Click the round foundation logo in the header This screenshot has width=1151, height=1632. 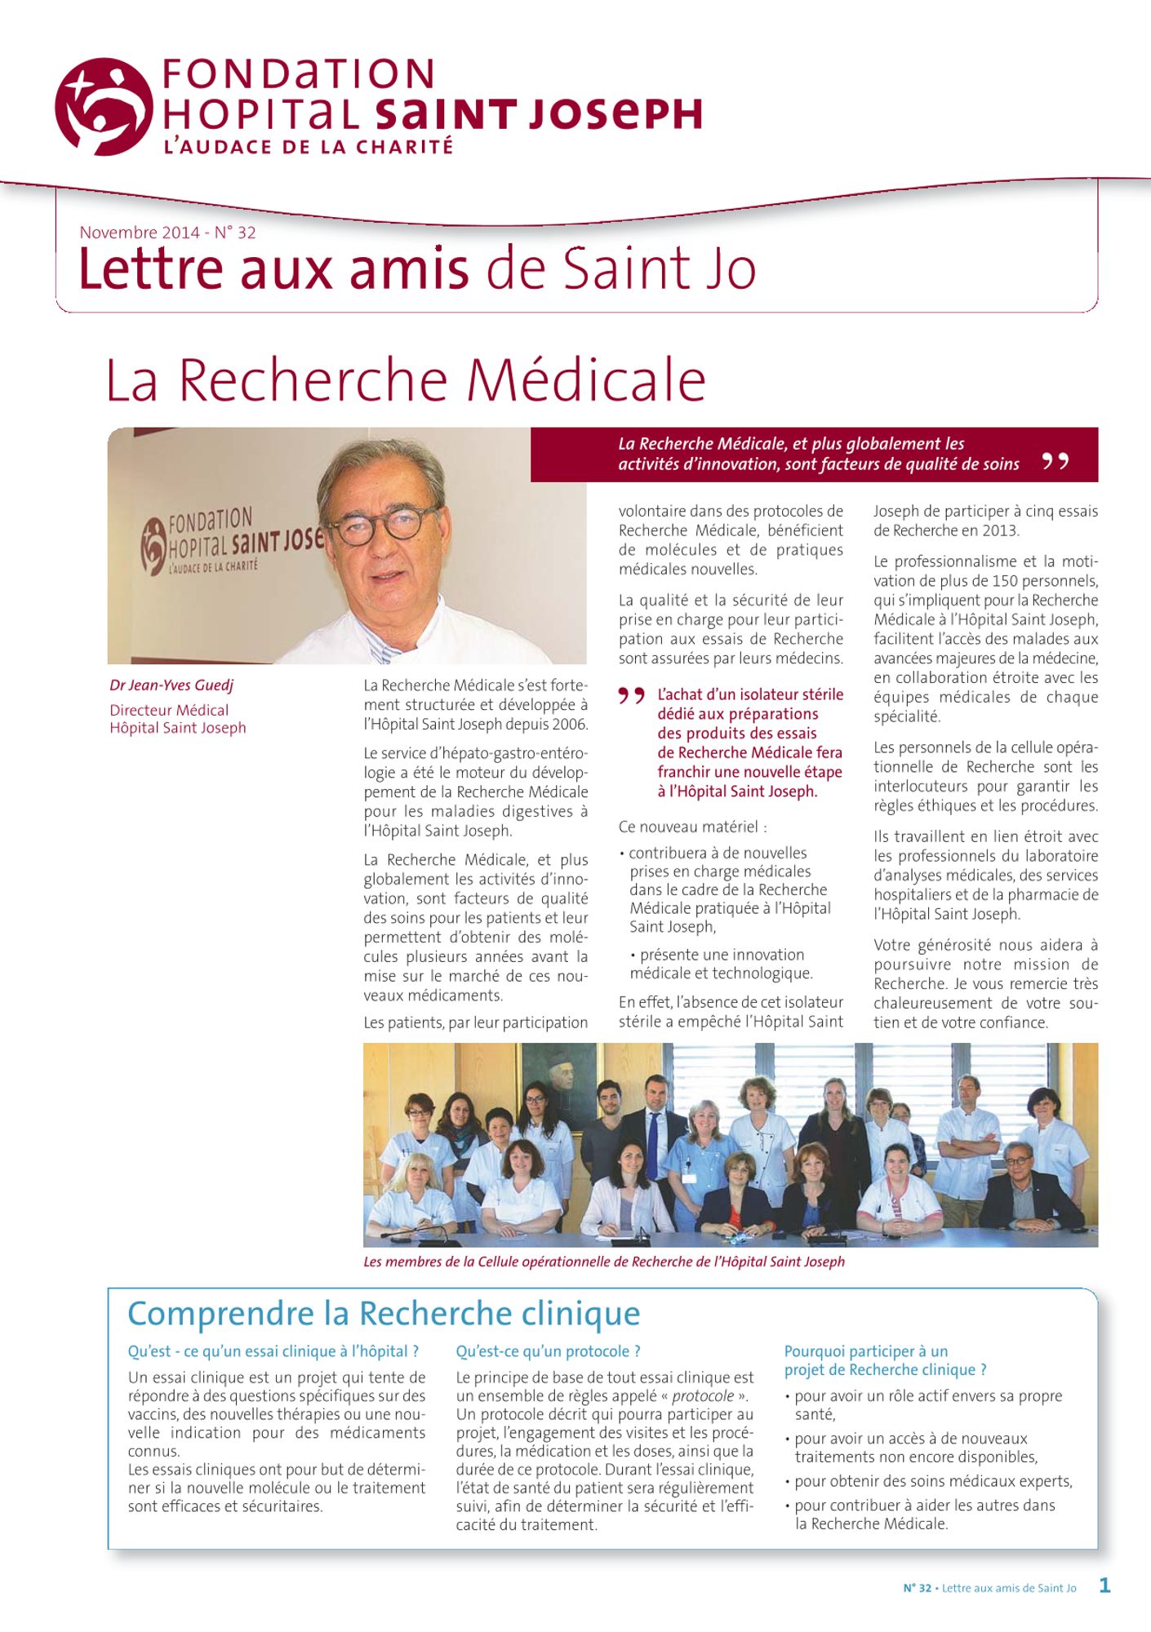click(104, 106)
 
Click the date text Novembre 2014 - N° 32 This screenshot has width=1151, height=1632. click(167, 233)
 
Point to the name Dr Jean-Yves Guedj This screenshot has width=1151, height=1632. click(171, 685)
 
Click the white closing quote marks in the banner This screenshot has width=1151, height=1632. click(1055, 462)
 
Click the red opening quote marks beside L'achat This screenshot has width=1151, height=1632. click(631, 696)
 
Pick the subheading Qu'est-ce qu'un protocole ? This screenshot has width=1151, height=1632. click(548, 1351)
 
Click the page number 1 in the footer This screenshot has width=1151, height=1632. click(1104, 1585)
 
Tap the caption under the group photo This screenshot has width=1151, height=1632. click(603, 1262)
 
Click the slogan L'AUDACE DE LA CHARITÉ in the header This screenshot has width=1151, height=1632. click(308, 148)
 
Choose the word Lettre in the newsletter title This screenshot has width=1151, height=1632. click(151, 269)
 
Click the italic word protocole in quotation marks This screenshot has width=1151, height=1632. click(702, 1396)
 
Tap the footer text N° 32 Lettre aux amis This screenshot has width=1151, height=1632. click(989, 1588)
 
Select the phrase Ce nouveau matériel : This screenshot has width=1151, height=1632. click(692, 827)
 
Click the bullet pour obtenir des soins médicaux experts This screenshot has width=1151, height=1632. click(932, 1481)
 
